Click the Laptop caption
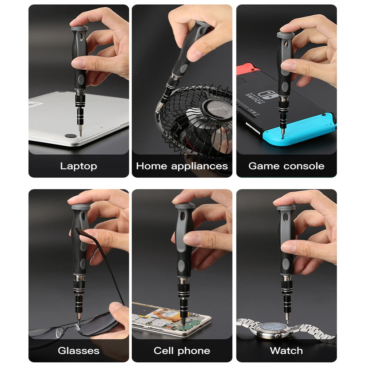pyautogui.click(x=78, y=166)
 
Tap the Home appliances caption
pyautogui.click(x=182, y=166)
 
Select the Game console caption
pyautogui.click(x=286, y=166)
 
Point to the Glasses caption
pyautogui.click(x=78, y=351)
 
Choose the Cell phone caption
pyautogui.click(x=182, y=351)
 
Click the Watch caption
pyautogui.click(x=286, y=351)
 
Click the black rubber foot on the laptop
pyautogui.click(x=70, y=135)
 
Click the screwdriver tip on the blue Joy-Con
pyautogui.click(x=283, y=127)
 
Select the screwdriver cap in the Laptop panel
pyautogui.click(x=79, y=28)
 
